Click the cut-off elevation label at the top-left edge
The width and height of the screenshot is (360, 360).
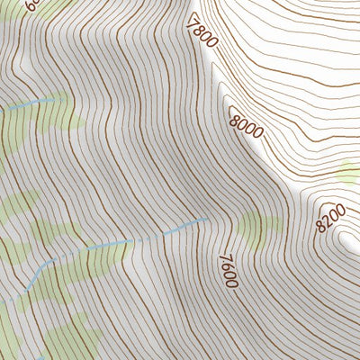[x=33, y=4]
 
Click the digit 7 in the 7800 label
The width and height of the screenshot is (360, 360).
[x=191, y=18]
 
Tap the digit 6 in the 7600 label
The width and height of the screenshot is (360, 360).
[x=226, y=263]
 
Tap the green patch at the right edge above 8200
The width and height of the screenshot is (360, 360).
[x=349, y=170]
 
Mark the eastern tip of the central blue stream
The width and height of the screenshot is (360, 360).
[x=207, y=218]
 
